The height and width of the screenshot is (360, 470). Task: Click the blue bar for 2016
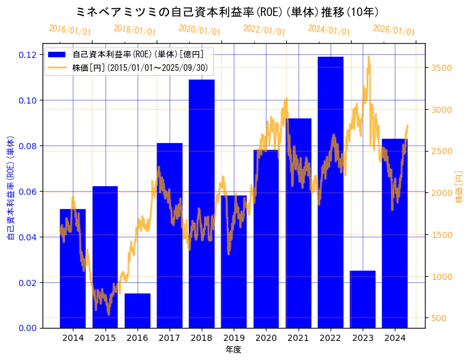tap(138, 311)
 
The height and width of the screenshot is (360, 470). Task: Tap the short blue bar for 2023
tap(363, 299)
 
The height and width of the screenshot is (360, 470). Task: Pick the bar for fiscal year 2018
tap(202, 203)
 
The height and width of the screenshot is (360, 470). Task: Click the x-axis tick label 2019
tap(234, 338)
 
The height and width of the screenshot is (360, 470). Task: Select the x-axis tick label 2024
tap(395, 338)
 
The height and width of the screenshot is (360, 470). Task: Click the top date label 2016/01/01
tap(70, 30)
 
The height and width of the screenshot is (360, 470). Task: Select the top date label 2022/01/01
tap(264, 30)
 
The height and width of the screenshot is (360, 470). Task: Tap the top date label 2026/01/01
tap(394, 30)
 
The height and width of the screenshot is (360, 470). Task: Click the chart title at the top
tap(227, 12)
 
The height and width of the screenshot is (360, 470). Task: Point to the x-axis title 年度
tap(233, 350)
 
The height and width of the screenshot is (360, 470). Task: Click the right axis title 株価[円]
tap(459, 187)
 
